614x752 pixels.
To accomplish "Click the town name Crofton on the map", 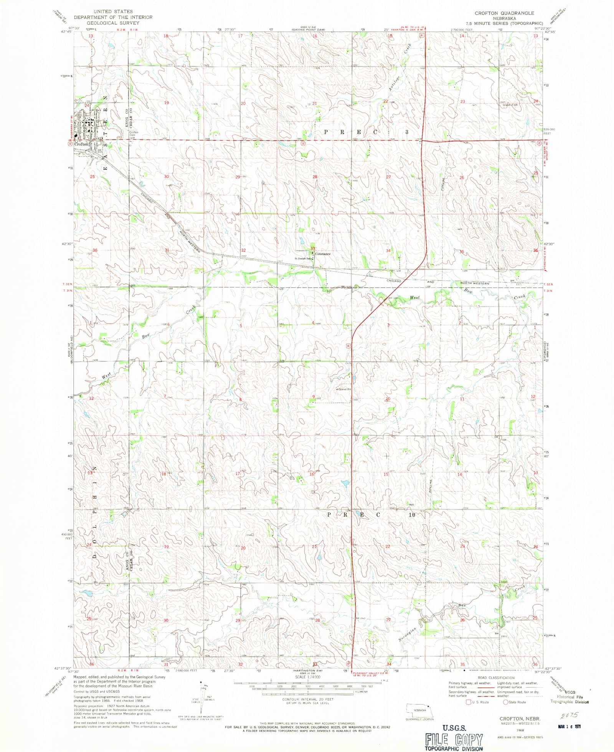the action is pyautogui.click(x=81, y=144).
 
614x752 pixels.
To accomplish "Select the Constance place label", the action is pyautogui.click(x=323, y=254).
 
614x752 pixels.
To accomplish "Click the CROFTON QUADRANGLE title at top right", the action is pyautogui.click(x=504, y=13).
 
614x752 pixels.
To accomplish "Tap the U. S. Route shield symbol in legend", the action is pyautogui.click(x=468, y=702).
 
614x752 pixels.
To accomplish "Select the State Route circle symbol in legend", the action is pyautogui.click(x=505, y=702).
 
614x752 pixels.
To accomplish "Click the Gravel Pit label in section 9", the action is pyautogui.click(x=344, y=389).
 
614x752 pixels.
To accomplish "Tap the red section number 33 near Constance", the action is pyautogui.click(x=313, y=248).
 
